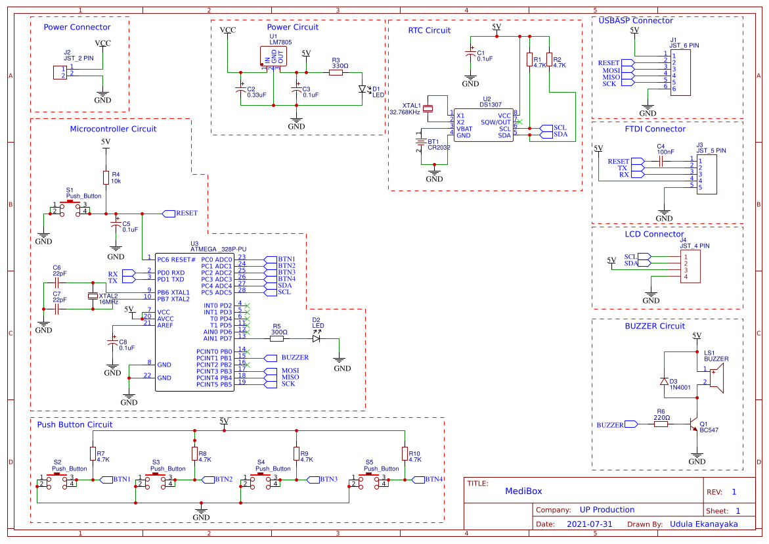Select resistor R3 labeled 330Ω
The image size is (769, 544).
[x=336, y=73]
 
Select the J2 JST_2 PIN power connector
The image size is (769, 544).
[x=60, y=72]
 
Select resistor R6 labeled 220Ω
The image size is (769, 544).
[x=661, y=424]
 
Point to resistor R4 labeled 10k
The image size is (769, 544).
[x=106, y=177]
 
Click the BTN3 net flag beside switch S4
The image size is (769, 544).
[x=313, y=479]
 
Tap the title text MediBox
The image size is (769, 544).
[x=523, y=491]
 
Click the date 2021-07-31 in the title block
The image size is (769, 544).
[x=589, y=524]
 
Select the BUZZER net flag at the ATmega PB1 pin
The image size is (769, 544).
[x=270, y=358]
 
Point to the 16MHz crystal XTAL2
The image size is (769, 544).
[x=93, y=296]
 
